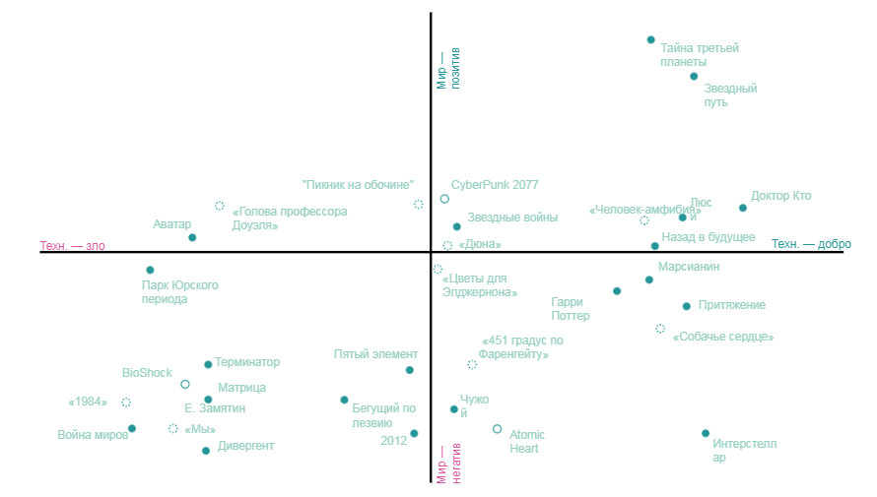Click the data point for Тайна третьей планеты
(650, 40)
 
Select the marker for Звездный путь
(694, 77)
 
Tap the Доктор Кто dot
(743, 208)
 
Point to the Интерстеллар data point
(706, 433)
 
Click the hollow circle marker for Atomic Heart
(498, 429)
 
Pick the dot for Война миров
(132, 428)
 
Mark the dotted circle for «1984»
(126, 403)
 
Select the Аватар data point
(192, 237)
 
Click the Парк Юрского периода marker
(150, 270)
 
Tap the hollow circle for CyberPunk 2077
(444, 199)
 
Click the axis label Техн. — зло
(72, 246)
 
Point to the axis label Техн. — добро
(811, 244)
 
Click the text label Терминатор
(247, 362)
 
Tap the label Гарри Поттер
(571, 309)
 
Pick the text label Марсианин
(689, 267)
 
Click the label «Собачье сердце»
(722, 337)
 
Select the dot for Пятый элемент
(410, 370)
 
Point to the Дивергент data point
(206, 451)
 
